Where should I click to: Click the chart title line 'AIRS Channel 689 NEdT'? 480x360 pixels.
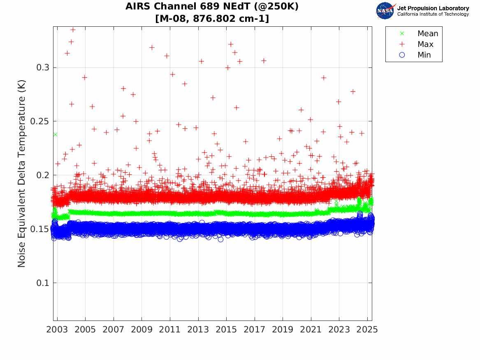[x=212, y=7]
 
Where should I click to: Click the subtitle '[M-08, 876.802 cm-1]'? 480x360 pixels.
[x=212, y=19]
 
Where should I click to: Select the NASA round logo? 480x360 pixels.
[x=385, y=11]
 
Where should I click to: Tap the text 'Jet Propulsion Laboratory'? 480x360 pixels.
[x=433, y=8]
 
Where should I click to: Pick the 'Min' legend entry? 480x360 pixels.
[x=424, y=55]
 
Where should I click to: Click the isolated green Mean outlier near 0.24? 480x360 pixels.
[x=55, y=135]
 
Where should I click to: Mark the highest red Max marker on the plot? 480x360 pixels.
[x=73, y=30]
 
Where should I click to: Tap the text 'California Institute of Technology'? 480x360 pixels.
[x=433, y=14]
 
